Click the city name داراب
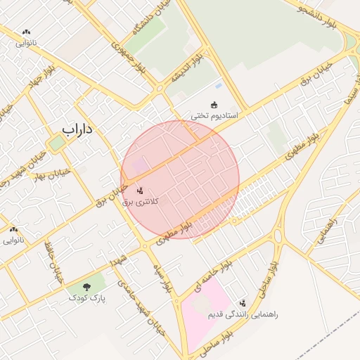tap(77, 129)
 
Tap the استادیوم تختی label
tap(214, 115)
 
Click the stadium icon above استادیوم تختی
tap(214, 105)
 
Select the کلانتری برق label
tap(141, 202)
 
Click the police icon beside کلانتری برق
tap(139, 190)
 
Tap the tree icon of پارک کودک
tap(87, 287)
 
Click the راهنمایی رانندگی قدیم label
tap(243, 314)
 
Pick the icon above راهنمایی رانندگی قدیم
tap(243, 303)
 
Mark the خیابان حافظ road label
tap(53, 264)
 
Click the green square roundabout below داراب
tap(56, 143)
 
